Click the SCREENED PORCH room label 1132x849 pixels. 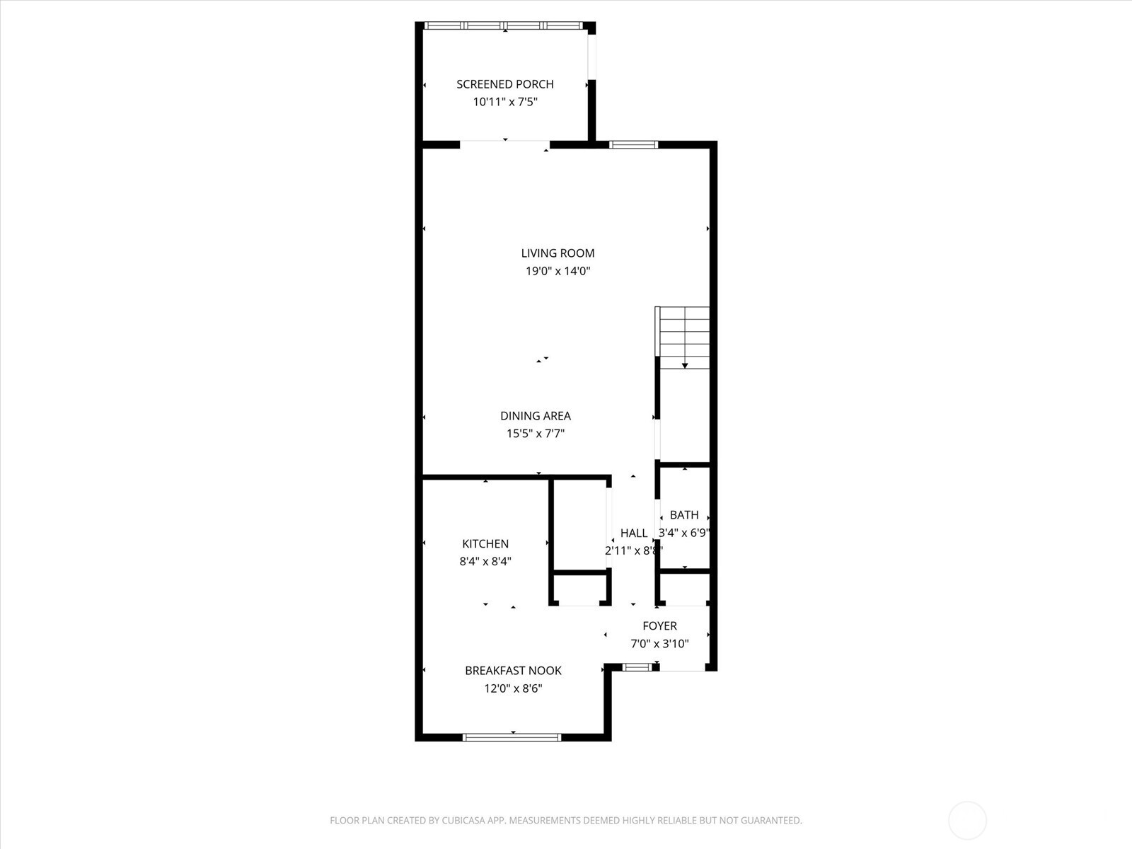coord(504,84)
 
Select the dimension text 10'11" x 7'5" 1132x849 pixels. coord(504,102)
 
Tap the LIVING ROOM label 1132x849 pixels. coord(558,253)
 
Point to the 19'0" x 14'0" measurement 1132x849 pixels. coord(558,271)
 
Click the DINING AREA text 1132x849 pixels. coord(535,416)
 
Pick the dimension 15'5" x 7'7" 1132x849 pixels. coord(535,434)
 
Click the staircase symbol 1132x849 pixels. coord(683,333)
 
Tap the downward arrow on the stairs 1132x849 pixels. coord(685,364)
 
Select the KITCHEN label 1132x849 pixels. coord(485,544)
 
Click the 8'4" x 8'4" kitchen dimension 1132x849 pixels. coord(485,562)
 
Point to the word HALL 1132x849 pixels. coord(633,533)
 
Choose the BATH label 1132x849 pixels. coord(683,515)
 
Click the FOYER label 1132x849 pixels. coord(659,626)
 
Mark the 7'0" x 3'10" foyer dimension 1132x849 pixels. coord(659,644)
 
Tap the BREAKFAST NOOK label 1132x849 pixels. coord(513,671)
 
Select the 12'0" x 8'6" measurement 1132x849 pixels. coord(513,688)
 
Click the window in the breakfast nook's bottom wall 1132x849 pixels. coord(512,737)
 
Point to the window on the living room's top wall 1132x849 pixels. coord(634,145)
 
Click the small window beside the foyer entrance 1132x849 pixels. coord(637,666)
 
